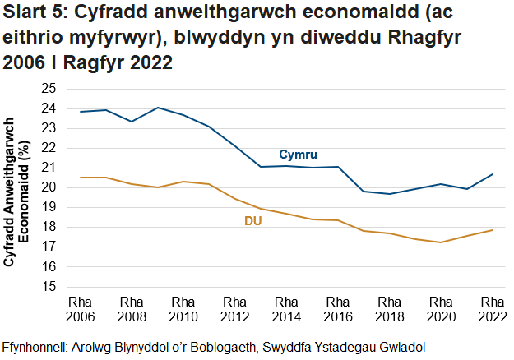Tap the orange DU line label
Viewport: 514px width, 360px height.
253,221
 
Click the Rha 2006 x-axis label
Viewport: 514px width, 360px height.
80,308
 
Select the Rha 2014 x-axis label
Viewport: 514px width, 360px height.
286,308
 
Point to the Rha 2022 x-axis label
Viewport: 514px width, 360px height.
492,308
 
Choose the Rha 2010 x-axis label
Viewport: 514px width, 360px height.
183,308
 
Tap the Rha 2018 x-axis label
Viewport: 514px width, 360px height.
389,308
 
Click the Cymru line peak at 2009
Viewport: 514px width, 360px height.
157,108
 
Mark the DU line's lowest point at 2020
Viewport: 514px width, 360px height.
440,242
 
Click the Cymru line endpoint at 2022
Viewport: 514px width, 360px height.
492,174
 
